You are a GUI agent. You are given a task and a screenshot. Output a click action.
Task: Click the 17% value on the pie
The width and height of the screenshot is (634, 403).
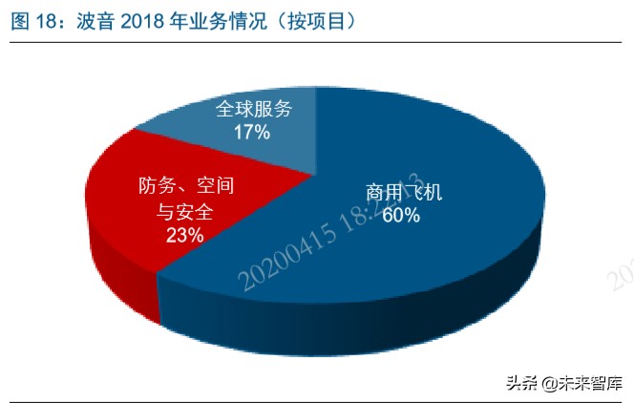(252, 133)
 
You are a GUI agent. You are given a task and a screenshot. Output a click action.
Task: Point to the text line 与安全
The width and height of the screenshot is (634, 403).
(183, 211)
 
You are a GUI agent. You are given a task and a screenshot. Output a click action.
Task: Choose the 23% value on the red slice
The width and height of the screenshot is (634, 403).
(183, 235)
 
